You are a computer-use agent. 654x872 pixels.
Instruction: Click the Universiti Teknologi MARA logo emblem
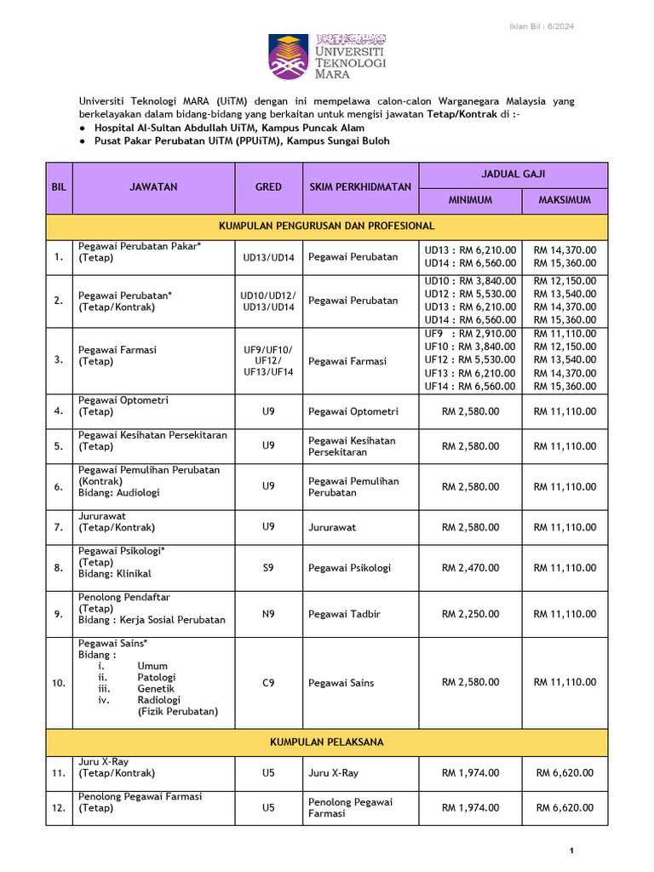(x=289, y=57)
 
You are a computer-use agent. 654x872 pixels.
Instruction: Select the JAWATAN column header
(x=153, y=187)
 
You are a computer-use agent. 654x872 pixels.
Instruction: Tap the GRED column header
(x=268, y=187)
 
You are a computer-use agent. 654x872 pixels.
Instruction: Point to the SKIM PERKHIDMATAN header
(x=360, y=187)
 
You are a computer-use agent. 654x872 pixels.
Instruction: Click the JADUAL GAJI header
(x=513, y=174)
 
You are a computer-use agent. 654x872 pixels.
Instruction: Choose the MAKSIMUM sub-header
(x=565, y=200)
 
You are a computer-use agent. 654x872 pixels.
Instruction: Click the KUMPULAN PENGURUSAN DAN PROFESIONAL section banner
(x=327, y=226)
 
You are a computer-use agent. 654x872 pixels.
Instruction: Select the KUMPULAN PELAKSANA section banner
(x=327, y=743)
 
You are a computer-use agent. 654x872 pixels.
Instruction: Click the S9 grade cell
(x=268, y=567)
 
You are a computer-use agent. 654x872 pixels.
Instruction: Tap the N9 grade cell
(x=268, y=613)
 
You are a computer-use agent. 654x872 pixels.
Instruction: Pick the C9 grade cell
(x=268, y=682)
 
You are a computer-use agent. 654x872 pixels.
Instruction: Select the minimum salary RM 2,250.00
(x=470, y=614)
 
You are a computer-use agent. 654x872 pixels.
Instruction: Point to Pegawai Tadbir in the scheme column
(x=341, y=614)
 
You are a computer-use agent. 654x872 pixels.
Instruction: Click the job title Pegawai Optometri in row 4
(x=123, y=400)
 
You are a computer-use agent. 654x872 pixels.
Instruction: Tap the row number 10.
(x=58, y=683)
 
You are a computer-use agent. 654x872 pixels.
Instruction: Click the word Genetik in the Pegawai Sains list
(x=156, y=689)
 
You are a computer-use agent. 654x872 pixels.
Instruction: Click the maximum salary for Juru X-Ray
(x=565, y=773)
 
